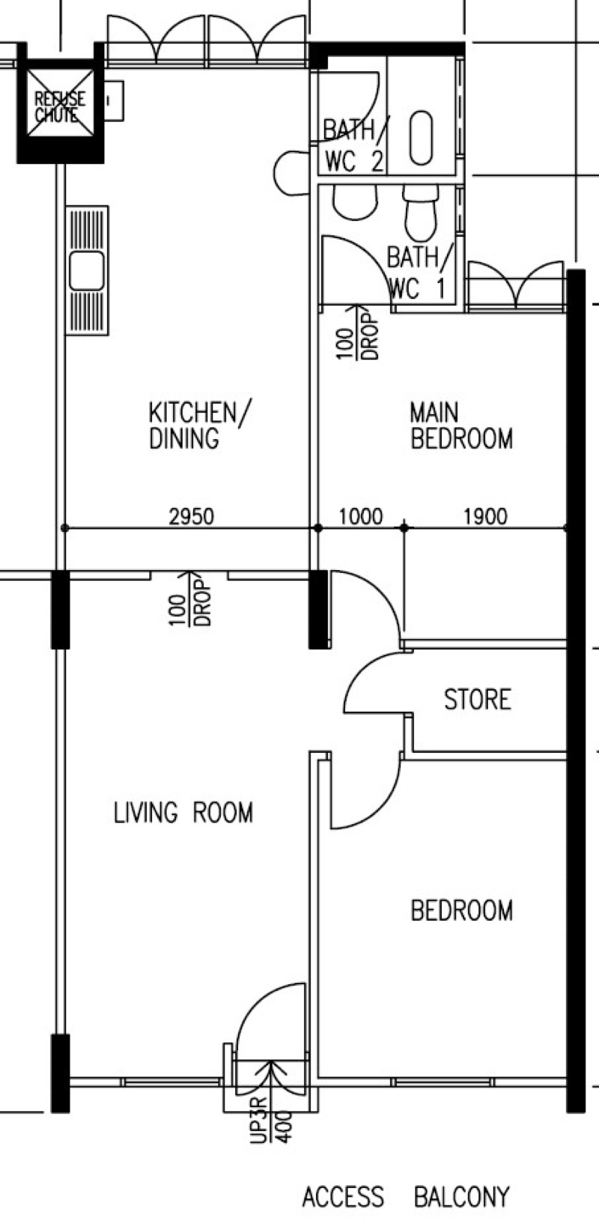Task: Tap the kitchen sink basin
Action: point(87,270)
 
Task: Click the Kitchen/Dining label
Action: point(199,425)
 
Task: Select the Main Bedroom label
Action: point(461,425)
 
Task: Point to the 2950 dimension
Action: point(191,516)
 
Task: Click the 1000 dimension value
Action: point(360,516)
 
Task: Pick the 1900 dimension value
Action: point(485,516)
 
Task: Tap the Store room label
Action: point(477,700)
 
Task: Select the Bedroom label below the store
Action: point(462,911)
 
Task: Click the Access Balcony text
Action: point(405,1197)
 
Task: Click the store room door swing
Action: point(374,682)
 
